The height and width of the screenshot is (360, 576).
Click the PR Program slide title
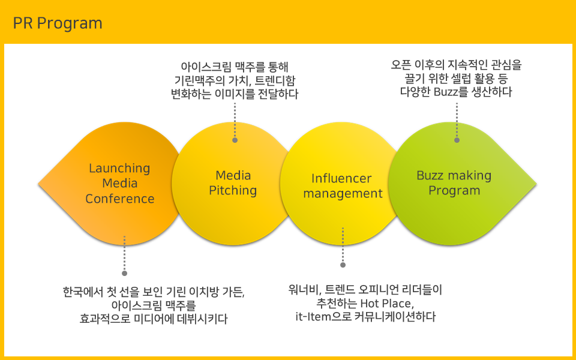pyautogui.click(x=58, y=23)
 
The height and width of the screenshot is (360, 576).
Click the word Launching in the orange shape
pyautogui.click(x=119, y=169)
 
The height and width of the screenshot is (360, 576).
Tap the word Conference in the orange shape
pyautogui.click(x=120, y=199)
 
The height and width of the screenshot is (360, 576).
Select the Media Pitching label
pyautogui.click(x=233, y=183)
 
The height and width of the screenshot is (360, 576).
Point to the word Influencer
pyautogui.click(x=341, y=179)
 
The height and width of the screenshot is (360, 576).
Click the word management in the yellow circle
pyautogui.click(x=343, y=194)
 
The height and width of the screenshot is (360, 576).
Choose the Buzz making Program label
pyautogui.click(x=454, y=183)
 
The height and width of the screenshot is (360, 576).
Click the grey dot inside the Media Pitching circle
pyautogui.click(x=235, y=140)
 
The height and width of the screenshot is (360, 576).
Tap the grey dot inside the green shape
pyautogui.click(x=457, y=140)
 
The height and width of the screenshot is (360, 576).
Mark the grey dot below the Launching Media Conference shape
pyautogui.click(x=125, y=274)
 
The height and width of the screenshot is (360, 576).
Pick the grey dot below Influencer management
pyautogui.click(x=343, y=265)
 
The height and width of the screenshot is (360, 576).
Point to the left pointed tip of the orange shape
pyautogui.click(x=38, y=184)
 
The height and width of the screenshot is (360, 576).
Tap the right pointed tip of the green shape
pyautogui.click(x=536, y=184)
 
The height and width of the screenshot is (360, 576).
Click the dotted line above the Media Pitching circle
pyautogui.click(x=235, y=120)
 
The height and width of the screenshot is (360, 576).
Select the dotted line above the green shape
pyautogui.click(x=457, y=120)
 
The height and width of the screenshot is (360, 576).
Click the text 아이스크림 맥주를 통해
pyautogui.click(x=235, y=67)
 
